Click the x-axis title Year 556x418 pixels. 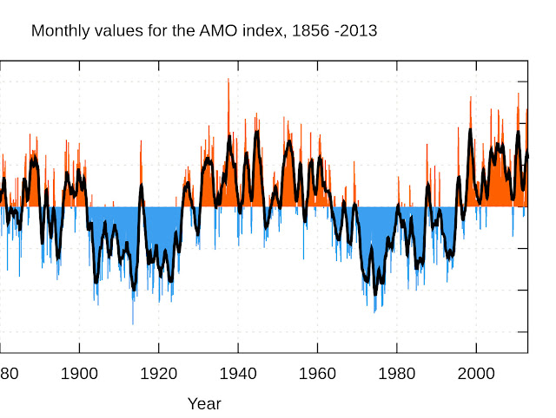(x=205, y=403)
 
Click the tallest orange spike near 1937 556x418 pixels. (x=228, y=80)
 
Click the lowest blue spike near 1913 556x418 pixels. (x=133, y=323)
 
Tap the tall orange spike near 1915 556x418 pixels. (x=141, y=141)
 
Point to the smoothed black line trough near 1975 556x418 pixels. (x=375, y=293)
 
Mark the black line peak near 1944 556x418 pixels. (x=256, y=132)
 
